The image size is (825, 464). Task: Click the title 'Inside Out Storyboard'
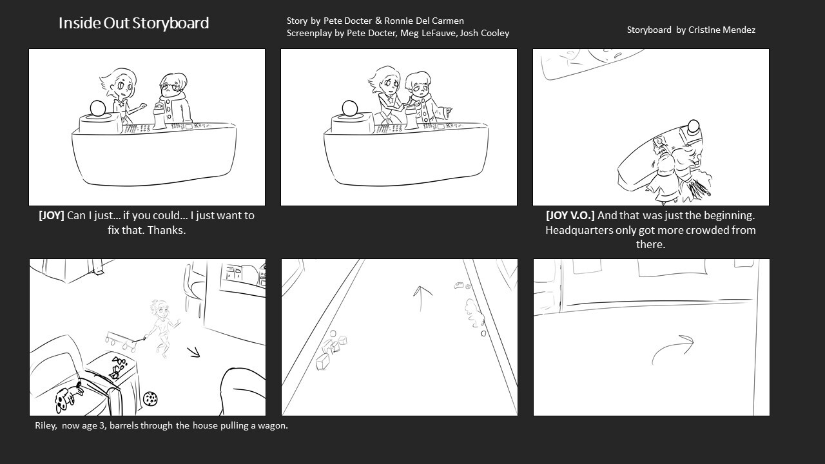pos(133,23)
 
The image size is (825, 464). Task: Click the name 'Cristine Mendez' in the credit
pos(722,30)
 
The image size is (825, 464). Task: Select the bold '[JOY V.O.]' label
pos(570,215)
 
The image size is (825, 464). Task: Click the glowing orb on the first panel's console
pos(99,108)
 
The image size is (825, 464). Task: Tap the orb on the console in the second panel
pos(349,108)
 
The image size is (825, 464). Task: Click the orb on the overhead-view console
pos(694,126)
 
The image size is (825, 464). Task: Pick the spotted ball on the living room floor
pos(150,398)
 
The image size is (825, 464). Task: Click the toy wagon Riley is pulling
pos(120,341)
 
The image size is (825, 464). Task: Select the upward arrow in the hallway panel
pos(422,299)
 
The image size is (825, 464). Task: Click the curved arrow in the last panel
pos(670,347)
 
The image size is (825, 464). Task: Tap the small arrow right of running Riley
pos(193,352)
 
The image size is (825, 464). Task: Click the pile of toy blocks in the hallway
pos(331,349)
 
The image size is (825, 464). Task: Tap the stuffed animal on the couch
pos(68,398)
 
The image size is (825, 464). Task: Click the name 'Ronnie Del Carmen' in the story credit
pos(424,21)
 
